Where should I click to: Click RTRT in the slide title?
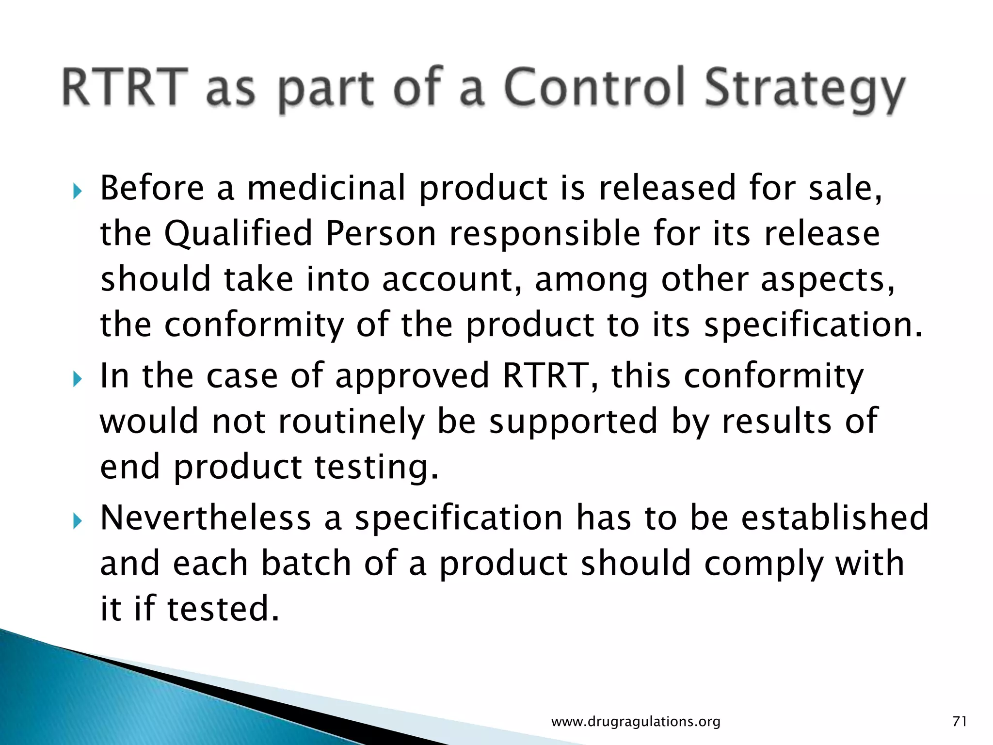[x=125, y=87]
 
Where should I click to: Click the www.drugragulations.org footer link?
[x=636, y=722]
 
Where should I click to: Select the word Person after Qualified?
[x=381, y=234]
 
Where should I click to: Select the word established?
[x=834, y=518]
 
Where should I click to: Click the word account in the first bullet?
[x=453, y=280]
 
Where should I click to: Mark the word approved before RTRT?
[x=412, y=377]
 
